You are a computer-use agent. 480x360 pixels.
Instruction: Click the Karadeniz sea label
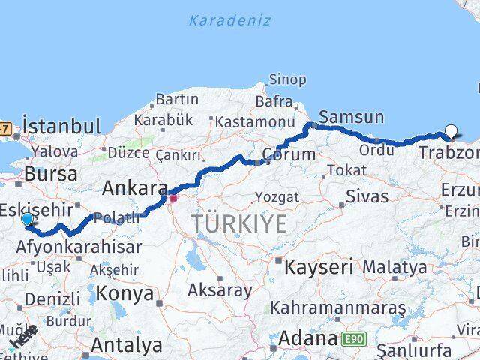[229, 20]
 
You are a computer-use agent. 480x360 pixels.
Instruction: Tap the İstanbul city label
[61, 125]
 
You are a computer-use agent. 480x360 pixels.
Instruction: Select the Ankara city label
[134, 187]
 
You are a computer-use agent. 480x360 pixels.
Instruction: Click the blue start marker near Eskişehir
[27, 219]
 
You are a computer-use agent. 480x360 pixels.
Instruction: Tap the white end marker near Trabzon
[451, 132]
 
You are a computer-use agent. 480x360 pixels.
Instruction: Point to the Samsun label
[351, 117]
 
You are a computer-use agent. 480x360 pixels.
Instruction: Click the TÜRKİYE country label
[238, 223]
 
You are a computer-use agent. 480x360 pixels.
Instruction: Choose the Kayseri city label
[318, 266]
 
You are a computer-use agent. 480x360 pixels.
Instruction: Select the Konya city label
[124, 293]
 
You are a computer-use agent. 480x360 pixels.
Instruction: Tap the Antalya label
[126, 345]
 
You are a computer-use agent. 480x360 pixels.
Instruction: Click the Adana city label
[307, 339]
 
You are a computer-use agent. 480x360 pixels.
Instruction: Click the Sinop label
[288, 79]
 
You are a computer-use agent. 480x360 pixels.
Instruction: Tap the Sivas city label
[367, 196]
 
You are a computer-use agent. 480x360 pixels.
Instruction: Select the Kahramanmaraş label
[337, 307]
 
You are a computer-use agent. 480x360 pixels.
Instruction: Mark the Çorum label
[289, 155]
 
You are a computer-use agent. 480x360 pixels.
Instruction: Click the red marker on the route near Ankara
[173, 198]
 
